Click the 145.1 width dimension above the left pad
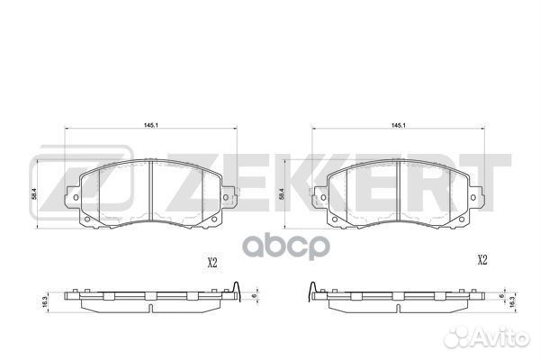coord(151,125)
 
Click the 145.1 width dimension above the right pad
coord(398,126)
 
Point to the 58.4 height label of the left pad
coord(34,195)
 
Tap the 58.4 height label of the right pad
coord(282,194)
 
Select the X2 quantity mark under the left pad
coord(212,263)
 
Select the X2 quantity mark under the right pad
coord(482,260)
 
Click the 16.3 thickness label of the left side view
coord(44,301)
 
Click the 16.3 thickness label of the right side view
coord(512,302)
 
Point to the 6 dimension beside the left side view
coord(254,295)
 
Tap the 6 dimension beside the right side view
coord(502,295)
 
